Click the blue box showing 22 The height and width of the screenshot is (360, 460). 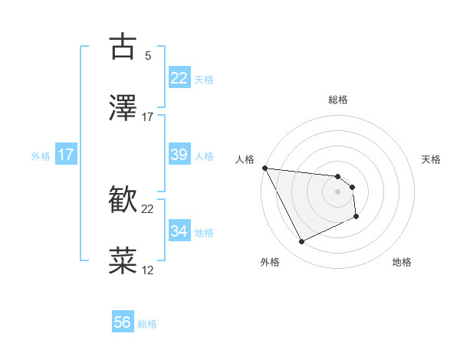tap(179, 78)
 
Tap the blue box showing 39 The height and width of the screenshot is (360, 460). tap(179, 155)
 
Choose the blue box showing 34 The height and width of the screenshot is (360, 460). tap(179, 231)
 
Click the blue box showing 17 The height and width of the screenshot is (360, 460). tap(65, 155)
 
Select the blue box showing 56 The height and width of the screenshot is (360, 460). tap(123, 323)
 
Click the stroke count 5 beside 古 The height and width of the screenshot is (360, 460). tap(148, 55)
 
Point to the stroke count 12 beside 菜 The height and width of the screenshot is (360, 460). tap(148, 270)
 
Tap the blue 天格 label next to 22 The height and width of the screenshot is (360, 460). tap(204, 79)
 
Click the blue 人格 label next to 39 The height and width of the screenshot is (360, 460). tap(204, 155)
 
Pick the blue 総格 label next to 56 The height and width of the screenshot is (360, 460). tap(147, 324)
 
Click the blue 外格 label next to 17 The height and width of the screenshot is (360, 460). tap(41, 155)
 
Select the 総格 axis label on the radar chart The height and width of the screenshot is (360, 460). tap(338, 100)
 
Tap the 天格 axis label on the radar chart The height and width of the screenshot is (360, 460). tap(432, 159)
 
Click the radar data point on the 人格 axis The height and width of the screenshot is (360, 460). tap(264, 168)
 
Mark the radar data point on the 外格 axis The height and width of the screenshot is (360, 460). tap(301, 242)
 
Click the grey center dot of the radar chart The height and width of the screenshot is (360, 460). tap(338, 191)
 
